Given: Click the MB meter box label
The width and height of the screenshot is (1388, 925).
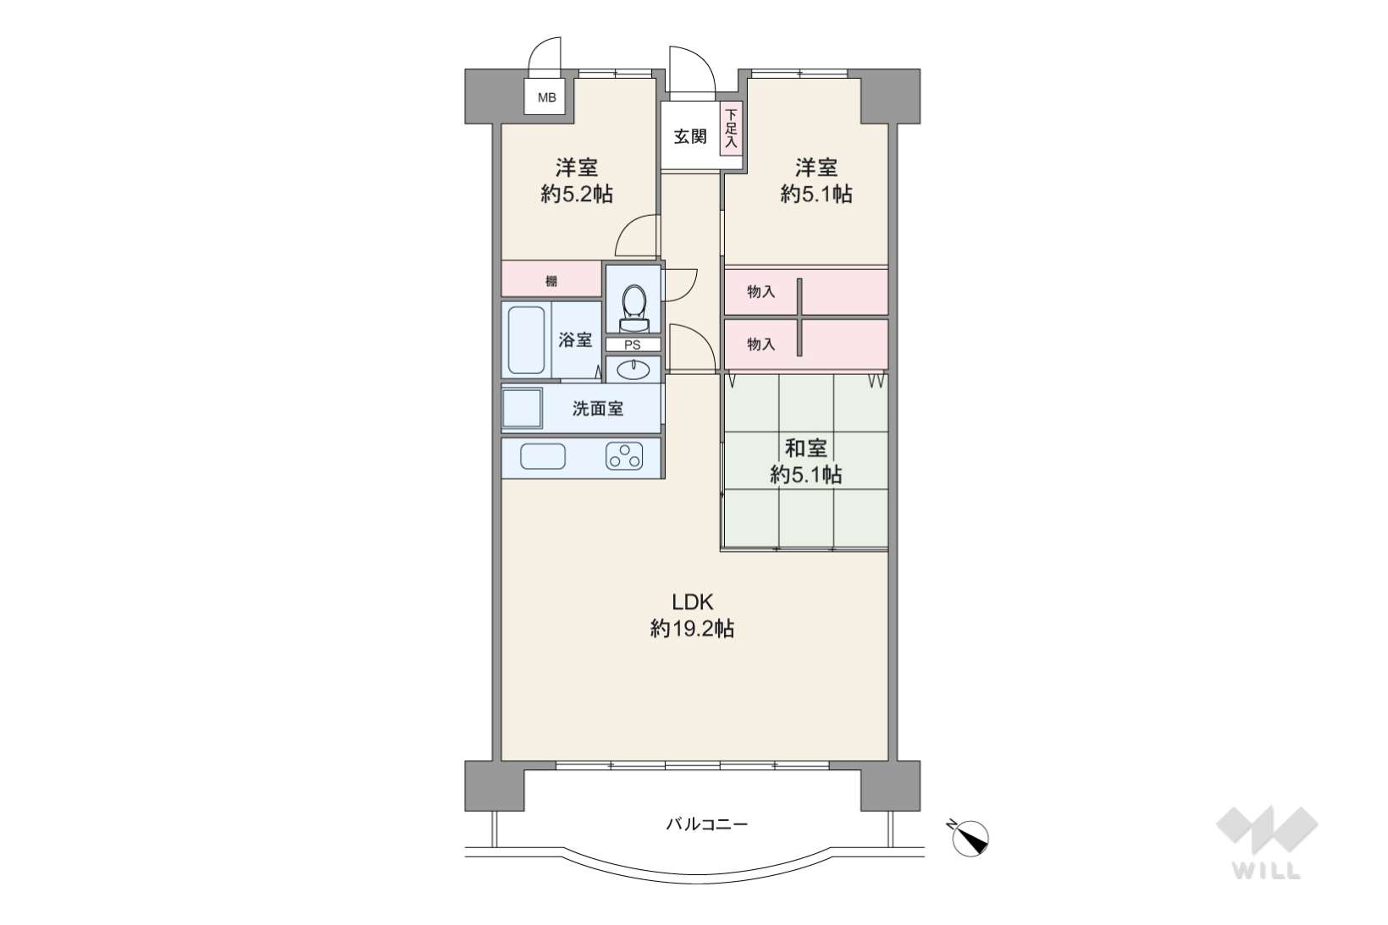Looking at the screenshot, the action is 546,98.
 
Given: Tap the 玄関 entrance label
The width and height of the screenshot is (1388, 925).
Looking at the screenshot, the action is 690,136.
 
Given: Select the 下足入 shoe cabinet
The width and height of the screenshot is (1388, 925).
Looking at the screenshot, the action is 731,129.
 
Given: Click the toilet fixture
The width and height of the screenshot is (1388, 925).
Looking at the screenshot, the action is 633,308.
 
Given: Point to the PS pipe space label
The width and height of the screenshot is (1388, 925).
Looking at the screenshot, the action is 632,344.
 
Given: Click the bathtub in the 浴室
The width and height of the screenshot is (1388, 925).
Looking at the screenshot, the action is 527,340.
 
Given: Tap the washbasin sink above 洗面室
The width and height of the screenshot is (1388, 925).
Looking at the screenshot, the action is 633,370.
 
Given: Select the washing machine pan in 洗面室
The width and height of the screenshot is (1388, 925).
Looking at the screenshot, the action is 523,408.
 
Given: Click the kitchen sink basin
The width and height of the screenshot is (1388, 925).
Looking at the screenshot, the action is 543,457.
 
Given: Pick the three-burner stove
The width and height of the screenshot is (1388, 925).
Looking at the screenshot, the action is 624,457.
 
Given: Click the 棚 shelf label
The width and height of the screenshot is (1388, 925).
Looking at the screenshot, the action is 550,282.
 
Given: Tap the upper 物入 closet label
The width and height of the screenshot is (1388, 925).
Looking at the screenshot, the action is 761,292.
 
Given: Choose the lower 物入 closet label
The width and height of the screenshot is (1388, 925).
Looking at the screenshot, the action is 761,344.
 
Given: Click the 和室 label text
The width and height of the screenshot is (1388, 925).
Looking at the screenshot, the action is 805,448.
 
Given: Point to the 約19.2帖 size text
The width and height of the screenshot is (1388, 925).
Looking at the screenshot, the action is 692,629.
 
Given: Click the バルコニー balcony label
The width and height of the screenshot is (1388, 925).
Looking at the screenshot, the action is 707,824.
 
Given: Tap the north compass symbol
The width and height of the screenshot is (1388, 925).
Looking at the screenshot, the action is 969,839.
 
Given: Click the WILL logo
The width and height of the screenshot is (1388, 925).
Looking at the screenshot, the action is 1267,842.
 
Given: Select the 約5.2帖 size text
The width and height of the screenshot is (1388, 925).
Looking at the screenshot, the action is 577,195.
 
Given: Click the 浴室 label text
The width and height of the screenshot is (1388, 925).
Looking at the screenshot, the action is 575,340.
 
